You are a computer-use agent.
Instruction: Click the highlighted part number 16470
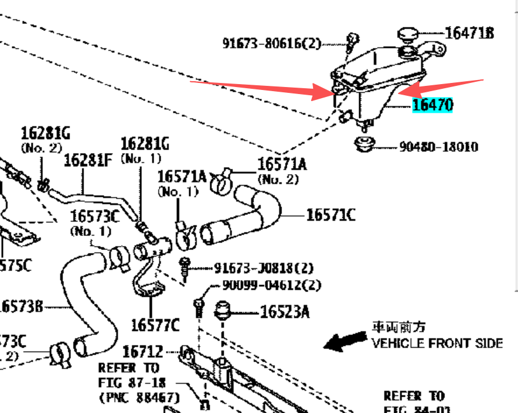tap(433, 105)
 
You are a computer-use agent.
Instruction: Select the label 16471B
tap(469, 33)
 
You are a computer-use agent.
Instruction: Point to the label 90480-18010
tap(438, 147)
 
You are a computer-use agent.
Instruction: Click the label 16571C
tap(331, 216)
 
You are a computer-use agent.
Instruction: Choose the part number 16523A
tap(284, 313)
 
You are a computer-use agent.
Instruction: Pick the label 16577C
tap(155, 325)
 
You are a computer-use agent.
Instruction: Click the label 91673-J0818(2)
tap(263, 269)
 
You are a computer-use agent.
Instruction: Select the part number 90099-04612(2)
tap(272, 286)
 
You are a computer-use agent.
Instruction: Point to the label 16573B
tap(22, 306)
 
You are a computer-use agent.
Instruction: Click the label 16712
tap(142, 352)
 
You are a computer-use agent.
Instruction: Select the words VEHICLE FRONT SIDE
tap(437, 343)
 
